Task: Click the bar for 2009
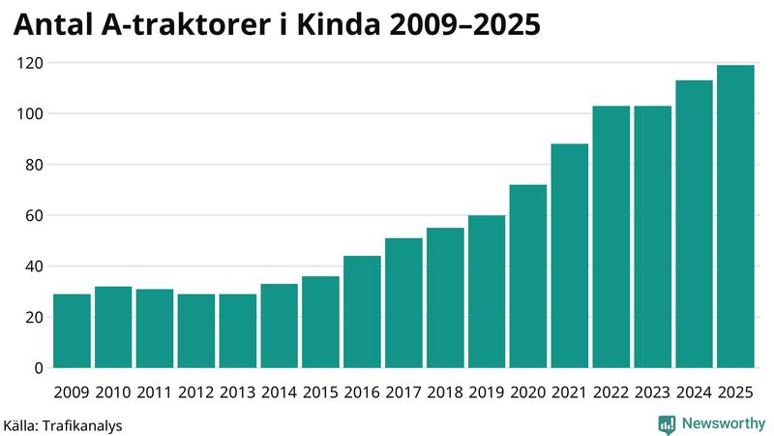click(72, 331)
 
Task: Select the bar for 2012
click(196, 331)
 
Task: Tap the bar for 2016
click(362, 312)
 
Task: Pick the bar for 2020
click(528, 276)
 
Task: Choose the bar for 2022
click(611, 237)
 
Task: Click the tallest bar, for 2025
click(735, 217)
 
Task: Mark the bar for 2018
click(445, 298)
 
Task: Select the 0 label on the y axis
click(40, 368)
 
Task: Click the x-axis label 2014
click(279, 391)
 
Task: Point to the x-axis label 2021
click(569, 391)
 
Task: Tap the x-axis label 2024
click(694, 391)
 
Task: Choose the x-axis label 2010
click(113, 391)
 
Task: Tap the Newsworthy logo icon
click(667, 423)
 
